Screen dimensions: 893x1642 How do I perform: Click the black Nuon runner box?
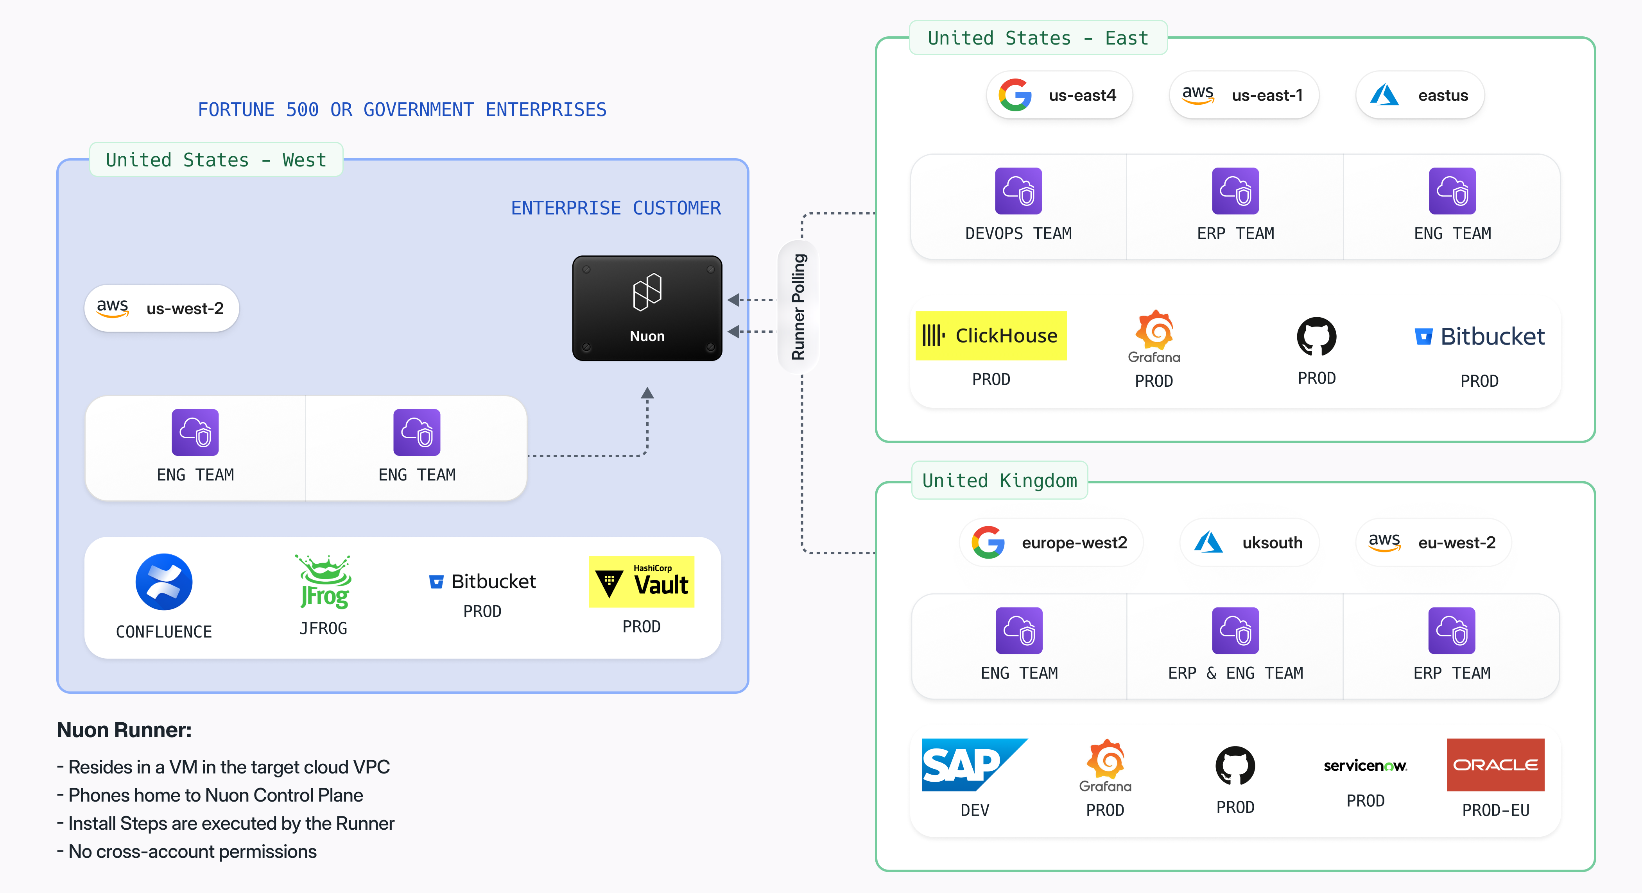click(647, 308)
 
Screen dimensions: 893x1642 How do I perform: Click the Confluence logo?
click(164, 582)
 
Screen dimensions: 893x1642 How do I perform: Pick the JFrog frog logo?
click(324, 581)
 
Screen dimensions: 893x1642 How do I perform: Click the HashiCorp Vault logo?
click(641, 582)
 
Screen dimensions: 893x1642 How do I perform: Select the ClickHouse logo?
click(991, 336)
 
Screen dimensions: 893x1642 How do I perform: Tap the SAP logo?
click(974, 764)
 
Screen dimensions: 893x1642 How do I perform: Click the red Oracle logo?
click(1495, 764)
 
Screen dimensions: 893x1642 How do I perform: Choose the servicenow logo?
click(1365, 766)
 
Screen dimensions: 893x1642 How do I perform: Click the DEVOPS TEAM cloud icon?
click(1018, 191)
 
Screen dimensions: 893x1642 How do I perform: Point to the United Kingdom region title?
click(1000, 480)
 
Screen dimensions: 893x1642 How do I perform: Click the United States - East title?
click(1038, 38)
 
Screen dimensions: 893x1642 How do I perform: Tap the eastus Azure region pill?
click(1420, 96)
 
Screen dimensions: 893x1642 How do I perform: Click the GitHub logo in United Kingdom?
click(1235, 766)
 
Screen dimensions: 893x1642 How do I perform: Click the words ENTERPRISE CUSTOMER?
click(616, 208)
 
